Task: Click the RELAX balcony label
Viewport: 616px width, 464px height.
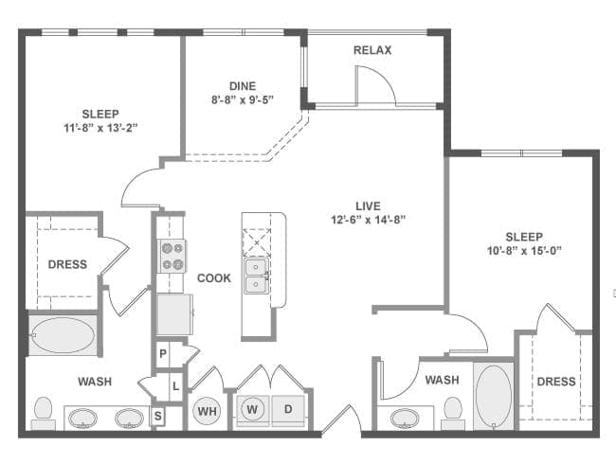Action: [x=372, y=50]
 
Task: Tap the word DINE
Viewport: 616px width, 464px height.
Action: [x=242, y=86]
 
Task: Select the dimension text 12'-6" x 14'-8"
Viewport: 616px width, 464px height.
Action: [x=368, y=220]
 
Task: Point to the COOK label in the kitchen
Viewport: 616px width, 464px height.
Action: [x=214, y=278]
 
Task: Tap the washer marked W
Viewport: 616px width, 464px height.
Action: [x=252, y=410]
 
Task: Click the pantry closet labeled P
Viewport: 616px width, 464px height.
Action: [x=163, y=354]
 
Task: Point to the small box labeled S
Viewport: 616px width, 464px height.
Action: [x=157, y=415]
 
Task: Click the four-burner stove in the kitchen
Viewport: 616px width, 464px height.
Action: [x=172, y=256]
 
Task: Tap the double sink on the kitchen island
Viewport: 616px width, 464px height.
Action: [x=256, y=275]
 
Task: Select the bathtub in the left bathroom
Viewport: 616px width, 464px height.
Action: [x=62, y=336]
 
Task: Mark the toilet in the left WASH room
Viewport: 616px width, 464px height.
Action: [x=43, y=410]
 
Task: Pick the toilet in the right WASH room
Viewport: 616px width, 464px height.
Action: [x=453, y=411]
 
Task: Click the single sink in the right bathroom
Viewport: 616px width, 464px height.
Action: [x=408, y=417]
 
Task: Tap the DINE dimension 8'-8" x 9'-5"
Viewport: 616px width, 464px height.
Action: [x=242, y=100]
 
